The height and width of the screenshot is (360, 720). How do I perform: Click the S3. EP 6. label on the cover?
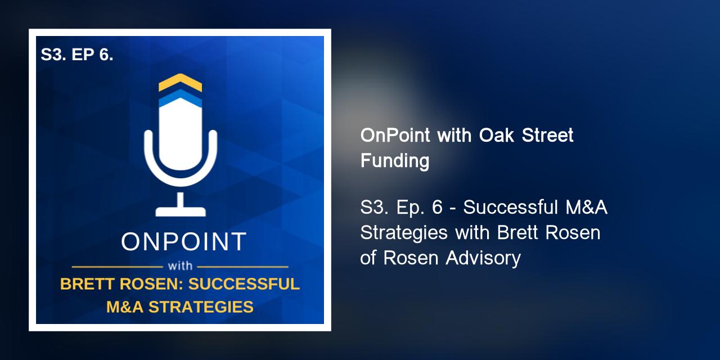coord(77,55)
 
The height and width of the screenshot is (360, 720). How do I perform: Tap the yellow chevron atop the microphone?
coord(180,82)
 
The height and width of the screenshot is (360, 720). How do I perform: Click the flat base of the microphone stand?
coord(180,211)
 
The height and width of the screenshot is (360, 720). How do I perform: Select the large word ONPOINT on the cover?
coord(184,242)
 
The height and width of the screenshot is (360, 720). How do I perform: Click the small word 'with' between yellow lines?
coord(180,266)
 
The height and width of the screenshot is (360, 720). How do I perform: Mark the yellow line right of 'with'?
coord(243,266)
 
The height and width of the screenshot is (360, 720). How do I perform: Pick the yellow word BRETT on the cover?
coord(85,284)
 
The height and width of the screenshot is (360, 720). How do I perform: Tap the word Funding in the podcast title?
coord(394,161)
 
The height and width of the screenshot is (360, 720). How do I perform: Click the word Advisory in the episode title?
coord(483,258)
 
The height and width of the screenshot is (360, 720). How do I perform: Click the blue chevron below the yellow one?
coord(180,99)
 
